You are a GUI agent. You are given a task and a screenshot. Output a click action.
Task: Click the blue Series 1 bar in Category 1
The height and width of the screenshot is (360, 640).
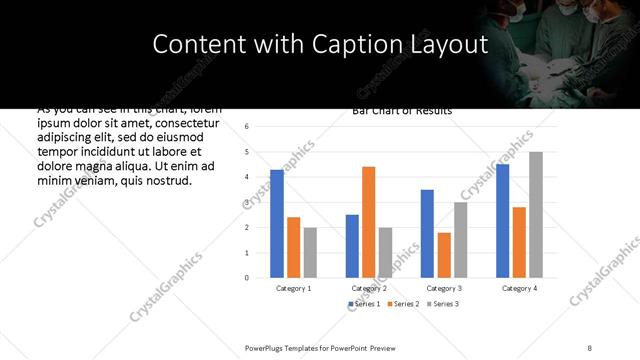(x=277, y=223)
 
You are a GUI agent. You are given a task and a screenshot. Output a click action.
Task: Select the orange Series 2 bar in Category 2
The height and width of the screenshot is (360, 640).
(x=368, y=221)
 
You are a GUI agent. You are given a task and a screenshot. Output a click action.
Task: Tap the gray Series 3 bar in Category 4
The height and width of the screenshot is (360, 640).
(x=536, y=214)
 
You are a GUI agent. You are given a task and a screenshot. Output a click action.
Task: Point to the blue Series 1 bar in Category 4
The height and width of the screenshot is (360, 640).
(x=502, y=220)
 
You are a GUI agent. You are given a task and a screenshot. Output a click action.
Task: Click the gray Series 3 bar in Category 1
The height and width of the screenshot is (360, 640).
(x=310, y=252)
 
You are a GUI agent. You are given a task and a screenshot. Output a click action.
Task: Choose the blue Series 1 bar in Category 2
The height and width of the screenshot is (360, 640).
(x=352, y=245)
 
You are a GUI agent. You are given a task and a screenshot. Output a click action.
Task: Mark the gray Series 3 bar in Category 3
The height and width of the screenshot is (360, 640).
(x=460, y=239)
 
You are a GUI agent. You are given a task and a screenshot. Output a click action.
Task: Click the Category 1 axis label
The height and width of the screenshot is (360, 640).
(x=293, y=288)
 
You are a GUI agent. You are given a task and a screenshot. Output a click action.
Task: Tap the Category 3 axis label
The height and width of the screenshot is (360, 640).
(x=443, y=288)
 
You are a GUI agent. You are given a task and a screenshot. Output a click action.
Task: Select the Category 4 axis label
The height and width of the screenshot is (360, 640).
(x=518, y=288)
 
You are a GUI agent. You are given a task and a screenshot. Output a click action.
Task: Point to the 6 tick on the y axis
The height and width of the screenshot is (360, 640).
(x=246, y=127)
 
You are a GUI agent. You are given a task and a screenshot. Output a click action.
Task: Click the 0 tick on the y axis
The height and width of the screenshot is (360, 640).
(x=246, y=277)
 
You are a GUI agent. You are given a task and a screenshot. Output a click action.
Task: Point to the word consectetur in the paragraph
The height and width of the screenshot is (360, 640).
(x=181, y=123)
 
